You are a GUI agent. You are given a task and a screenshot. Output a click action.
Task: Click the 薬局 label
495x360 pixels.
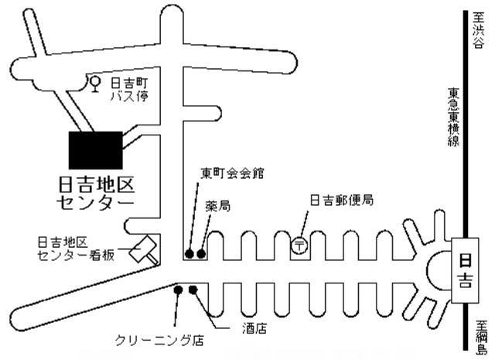218,207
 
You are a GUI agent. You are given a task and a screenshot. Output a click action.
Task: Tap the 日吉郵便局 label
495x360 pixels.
342,201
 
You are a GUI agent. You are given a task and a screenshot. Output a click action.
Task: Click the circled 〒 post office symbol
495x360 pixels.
299,245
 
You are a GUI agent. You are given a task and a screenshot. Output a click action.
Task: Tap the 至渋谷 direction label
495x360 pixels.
477,34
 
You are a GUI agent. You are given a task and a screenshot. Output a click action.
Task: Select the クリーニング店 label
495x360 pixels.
159,341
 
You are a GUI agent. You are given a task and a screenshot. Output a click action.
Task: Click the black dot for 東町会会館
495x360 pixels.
188,253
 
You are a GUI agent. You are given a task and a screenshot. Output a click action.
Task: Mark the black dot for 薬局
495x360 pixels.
202,253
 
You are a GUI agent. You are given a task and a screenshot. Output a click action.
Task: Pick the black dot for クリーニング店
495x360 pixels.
179,290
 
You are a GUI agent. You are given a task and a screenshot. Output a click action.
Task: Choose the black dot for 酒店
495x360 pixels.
193,290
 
